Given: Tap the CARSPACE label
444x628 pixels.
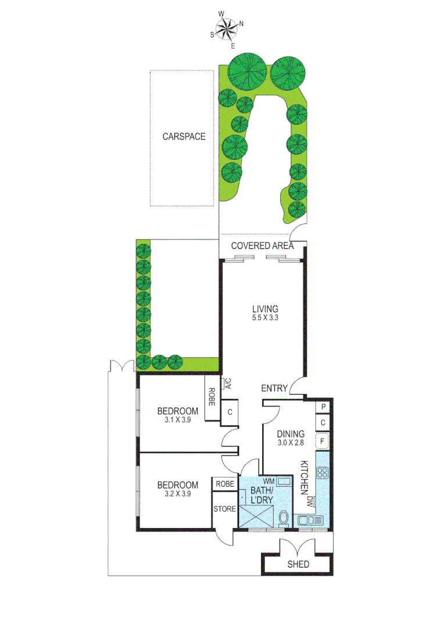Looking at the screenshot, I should pos(184,137).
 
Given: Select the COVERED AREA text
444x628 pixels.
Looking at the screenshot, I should pos(262,245).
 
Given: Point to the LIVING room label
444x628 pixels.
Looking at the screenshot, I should pos(265,308).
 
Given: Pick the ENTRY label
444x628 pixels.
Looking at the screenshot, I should pos(274,388).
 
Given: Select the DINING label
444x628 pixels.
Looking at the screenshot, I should pos(291,433).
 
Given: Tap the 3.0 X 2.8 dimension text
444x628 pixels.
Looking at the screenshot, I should pos(291,443).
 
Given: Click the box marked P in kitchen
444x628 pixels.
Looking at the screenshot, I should pos(323,407).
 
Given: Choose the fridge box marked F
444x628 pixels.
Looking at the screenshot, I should pos(323,441).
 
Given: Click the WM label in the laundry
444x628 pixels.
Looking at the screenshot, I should pos(268,481).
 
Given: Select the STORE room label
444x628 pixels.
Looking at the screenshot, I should pos(225,509).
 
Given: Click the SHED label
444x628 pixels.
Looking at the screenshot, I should pos(298,565).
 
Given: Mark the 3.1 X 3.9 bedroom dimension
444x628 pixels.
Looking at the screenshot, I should pos(177,420).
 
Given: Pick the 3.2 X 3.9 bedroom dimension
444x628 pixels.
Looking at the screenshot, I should pos(177,494).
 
